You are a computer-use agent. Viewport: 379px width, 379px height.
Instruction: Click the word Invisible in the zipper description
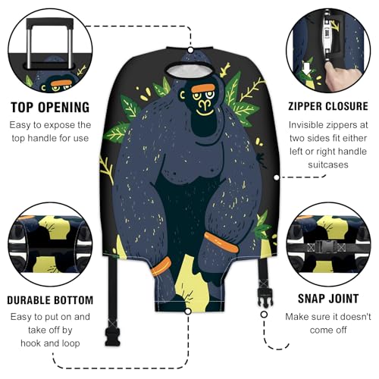[306, 127]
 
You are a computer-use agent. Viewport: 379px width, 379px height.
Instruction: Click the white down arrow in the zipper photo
[308, 63]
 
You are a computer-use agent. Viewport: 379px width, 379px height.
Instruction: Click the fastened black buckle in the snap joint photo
[327, 245]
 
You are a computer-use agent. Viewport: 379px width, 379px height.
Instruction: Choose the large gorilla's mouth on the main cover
[203, 108]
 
